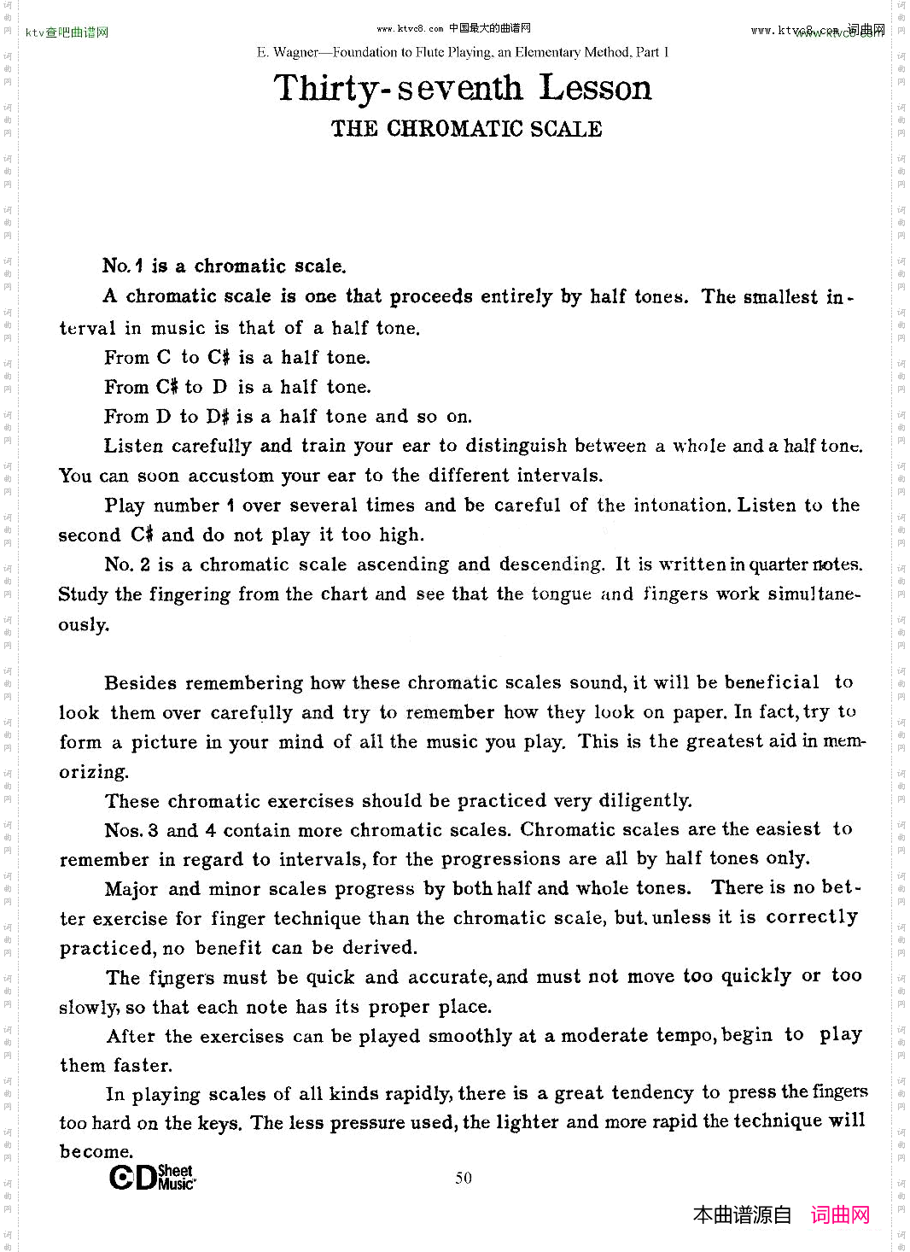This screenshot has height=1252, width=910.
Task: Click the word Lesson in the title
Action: click(x=595, y=88)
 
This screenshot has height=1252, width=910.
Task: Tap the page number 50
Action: click(x=464, y=1179)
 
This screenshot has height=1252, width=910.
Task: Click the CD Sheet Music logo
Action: click(x=152, y=1178)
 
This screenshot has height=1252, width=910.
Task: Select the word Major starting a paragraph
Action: click(x=131, y=889)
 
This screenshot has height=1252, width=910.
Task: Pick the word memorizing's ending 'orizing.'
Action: click(x=94, y=772)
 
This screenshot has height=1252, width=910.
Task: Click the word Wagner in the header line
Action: click(x=295, y=52)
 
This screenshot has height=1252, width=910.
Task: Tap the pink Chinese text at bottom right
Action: click(x=840, y=1215)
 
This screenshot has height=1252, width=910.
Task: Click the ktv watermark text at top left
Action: click(x=67, y=32)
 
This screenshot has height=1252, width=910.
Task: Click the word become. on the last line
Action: click(x=96, y=1152)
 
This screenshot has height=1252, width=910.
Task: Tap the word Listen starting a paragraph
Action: click(x=133, y=446)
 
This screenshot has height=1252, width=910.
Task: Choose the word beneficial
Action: click(x=772, y=683)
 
